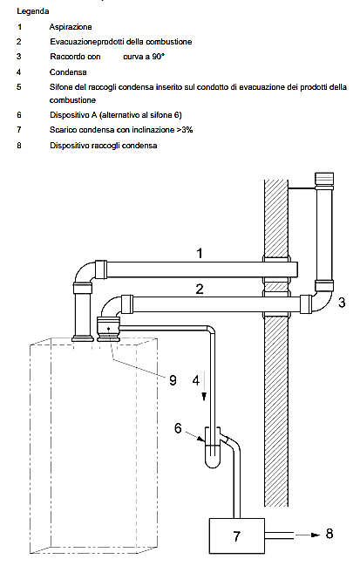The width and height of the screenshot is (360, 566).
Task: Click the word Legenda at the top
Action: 33,11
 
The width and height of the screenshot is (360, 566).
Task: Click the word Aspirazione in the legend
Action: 71,27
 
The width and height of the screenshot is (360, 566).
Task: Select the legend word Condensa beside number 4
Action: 68,72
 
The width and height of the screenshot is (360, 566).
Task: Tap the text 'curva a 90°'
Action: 144,57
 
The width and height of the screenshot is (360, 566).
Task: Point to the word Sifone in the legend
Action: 61,87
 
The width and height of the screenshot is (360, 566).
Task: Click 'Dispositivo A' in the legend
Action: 73,115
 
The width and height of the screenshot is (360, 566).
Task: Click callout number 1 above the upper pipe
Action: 200,254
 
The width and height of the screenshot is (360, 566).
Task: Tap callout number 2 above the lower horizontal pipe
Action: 200,289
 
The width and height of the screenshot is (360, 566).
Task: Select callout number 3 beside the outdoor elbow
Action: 342,302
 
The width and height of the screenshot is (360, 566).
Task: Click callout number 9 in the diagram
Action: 173,380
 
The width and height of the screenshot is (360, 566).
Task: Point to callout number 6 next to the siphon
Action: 178,427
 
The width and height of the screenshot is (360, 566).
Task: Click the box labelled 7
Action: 236,535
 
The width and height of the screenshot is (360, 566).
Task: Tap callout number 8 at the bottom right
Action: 329,534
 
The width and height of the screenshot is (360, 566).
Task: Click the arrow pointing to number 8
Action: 308,535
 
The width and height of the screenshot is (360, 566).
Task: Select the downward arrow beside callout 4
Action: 204,385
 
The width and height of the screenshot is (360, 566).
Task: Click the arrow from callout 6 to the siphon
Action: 194,436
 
